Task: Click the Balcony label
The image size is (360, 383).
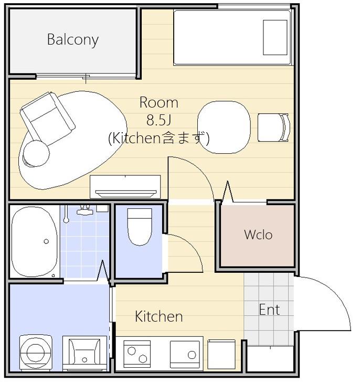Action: [x=73, y=40]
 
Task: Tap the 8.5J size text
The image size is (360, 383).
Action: [x=158, y=120]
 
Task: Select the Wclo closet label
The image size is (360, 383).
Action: [x=258, y=235]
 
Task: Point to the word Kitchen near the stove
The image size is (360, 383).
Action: [x=158, y=316]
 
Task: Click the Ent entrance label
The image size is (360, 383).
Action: [x=269, y=310]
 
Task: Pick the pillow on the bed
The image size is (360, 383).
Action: [x=275, y=37]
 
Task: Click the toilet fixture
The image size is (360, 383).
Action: [x=140, y=227]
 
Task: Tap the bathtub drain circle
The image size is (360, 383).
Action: [x=46, y=241]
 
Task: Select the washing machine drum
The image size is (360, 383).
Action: [x=36, y=353]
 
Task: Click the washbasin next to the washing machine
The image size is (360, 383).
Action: [x=84, y=353]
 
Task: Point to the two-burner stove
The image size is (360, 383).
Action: [x=137, y=354]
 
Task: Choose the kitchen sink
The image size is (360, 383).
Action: [x=185, y=355]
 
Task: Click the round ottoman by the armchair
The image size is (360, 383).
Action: [x=36, y=153]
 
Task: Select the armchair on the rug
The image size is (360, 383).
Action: [x=47, y=118]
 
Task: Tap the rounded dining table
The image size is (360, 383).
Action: [x=224, y=127]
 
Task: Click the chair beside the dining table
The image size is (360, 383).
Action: [x=274, y=127]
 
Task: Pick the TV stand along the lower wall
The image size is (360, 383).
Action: [x=125, y=187]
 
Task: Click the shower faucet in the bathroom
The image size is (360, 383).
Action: [x=84, y=210]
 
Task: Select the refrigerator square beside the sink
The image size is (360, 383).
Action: [x=221, y=354]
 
